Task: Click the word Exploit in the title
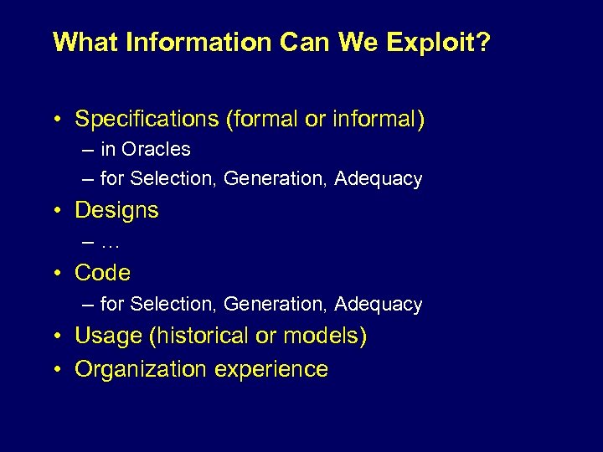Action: (433, 43)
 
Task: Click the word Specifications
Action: (147, 120)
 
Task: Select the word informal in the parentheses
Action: (373, 120)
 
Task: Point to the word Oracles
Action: (156, 150)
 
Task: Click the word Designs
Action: (116, 210)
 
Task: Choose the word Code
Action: (102, 273)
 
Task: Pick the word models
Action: (321, 336)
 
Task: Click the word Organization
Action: (140, 369)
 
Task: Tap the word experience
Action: (271, 369)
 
